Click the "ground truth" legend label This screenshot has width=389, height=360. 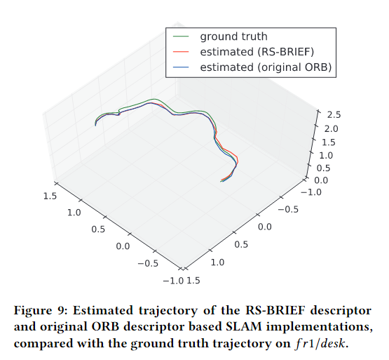pyautogui.click(x=233, y=36)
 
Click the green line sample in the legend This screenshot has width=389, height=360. pyautogui.click(x=181, y=36)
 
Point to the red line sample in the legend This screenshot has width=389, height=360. pyautogui.click(x=181, y=51)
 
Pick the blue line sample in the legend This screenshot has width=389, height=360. pyautogui.click(x=181, y=67)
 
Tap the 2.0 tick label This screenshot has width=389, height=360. pyautogui.click(x=331, y=128)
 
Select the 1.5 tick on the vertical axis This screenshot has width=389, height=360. pyautogui.click(x=328, y=142)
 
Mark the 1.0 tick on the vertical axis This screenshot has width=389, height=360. pyautogui.click(x=326, y=154)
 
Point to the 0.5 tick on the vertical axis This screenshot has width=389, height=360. pyautogui.click(x=324, y=168)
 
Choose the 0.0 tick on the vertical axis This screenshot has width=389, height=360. pyautogui.click(x=321, y=180)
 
